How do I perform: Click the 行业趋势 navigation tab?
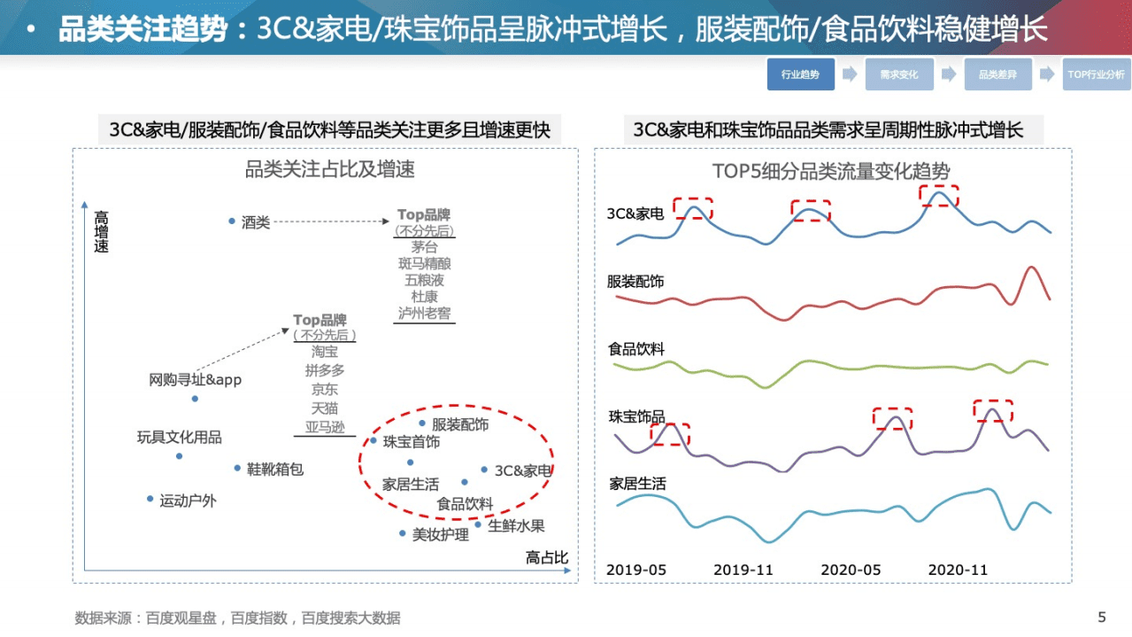point(800,74)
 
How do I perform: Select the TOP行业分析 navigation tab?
point(1096,74)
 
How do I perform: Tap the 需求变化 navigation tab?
point(899,74)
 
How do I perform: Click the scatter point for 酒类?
point(232,221)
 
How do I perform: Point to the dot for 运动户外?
point(150,499)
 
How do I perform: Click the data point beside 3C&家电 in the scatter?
point(484,470)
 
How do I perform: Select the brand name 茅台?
point(424,247)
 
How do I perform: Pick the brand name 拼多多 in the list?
point(324,370)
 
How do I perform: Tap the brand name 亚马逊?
point(324,426)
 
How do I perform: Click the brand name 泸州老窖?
point(424,313)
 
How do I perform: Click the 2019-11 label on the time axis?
point(743,570)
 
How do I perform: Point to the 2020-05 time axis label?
point(851,570)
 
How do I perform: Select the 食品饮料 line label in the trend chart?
point(636,349)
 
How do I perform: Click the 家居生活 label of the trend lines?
point(637,484)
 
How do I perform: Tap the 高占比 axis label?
point(546,556)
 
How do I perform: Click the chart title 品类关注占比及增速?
point(329,169)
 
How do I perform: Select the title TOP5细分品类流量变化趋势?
point(831,171)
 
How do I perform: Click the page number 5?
point(1101,617)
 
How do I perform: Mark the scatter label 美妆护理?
point(440,534)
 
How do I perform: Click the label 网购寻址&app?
point(195,380)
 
